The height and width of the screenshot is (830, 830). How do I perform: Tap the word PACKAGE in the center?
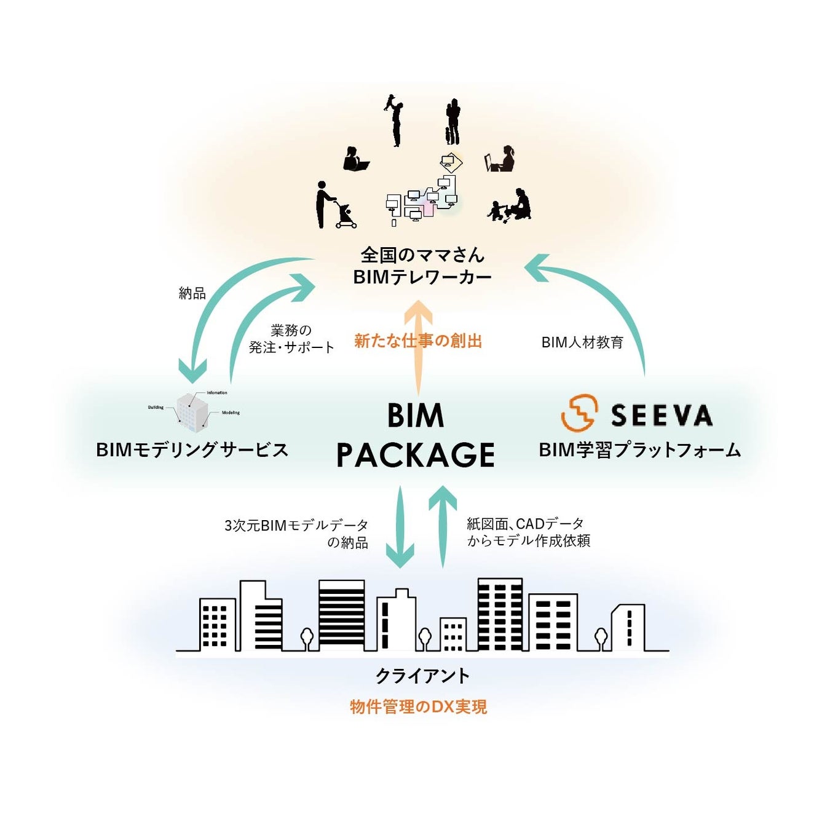(x=416, y=456)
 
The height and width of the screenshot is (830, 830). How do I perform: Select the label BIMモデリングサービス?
(x=192, y=450)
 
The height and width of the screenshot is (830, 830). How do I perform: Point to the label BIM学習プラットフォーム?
(x=640, y=450)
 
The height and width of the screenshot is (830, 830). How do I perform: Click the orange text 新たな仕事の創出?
(x=418, y=341)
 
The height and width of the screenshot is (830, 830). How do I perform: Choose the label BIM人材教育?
(x=582, y=342)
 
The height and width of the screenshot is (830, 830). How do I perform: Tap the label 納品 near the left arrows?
(x=192, y=293)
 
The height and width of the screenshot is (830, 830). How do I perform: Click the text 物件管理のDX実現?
(x=418, y=707)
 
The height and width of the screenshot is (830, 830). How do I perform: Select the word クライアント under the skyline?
(x=422, y=676)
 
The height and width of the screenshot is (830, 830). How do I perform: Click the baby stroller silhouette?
(x=346, y=216)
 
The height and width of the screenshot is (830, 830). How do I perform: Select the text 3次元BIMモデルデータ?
(x=296, y=526)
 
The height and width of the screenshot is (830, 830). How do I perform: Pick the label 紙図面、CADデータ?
(x=525, y=524)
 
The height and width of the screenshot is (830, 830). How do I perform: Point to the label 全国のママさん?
(x=422, y=255)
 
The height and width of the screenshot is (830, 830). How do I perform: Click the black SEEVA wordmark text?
(x=662, y=416)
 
